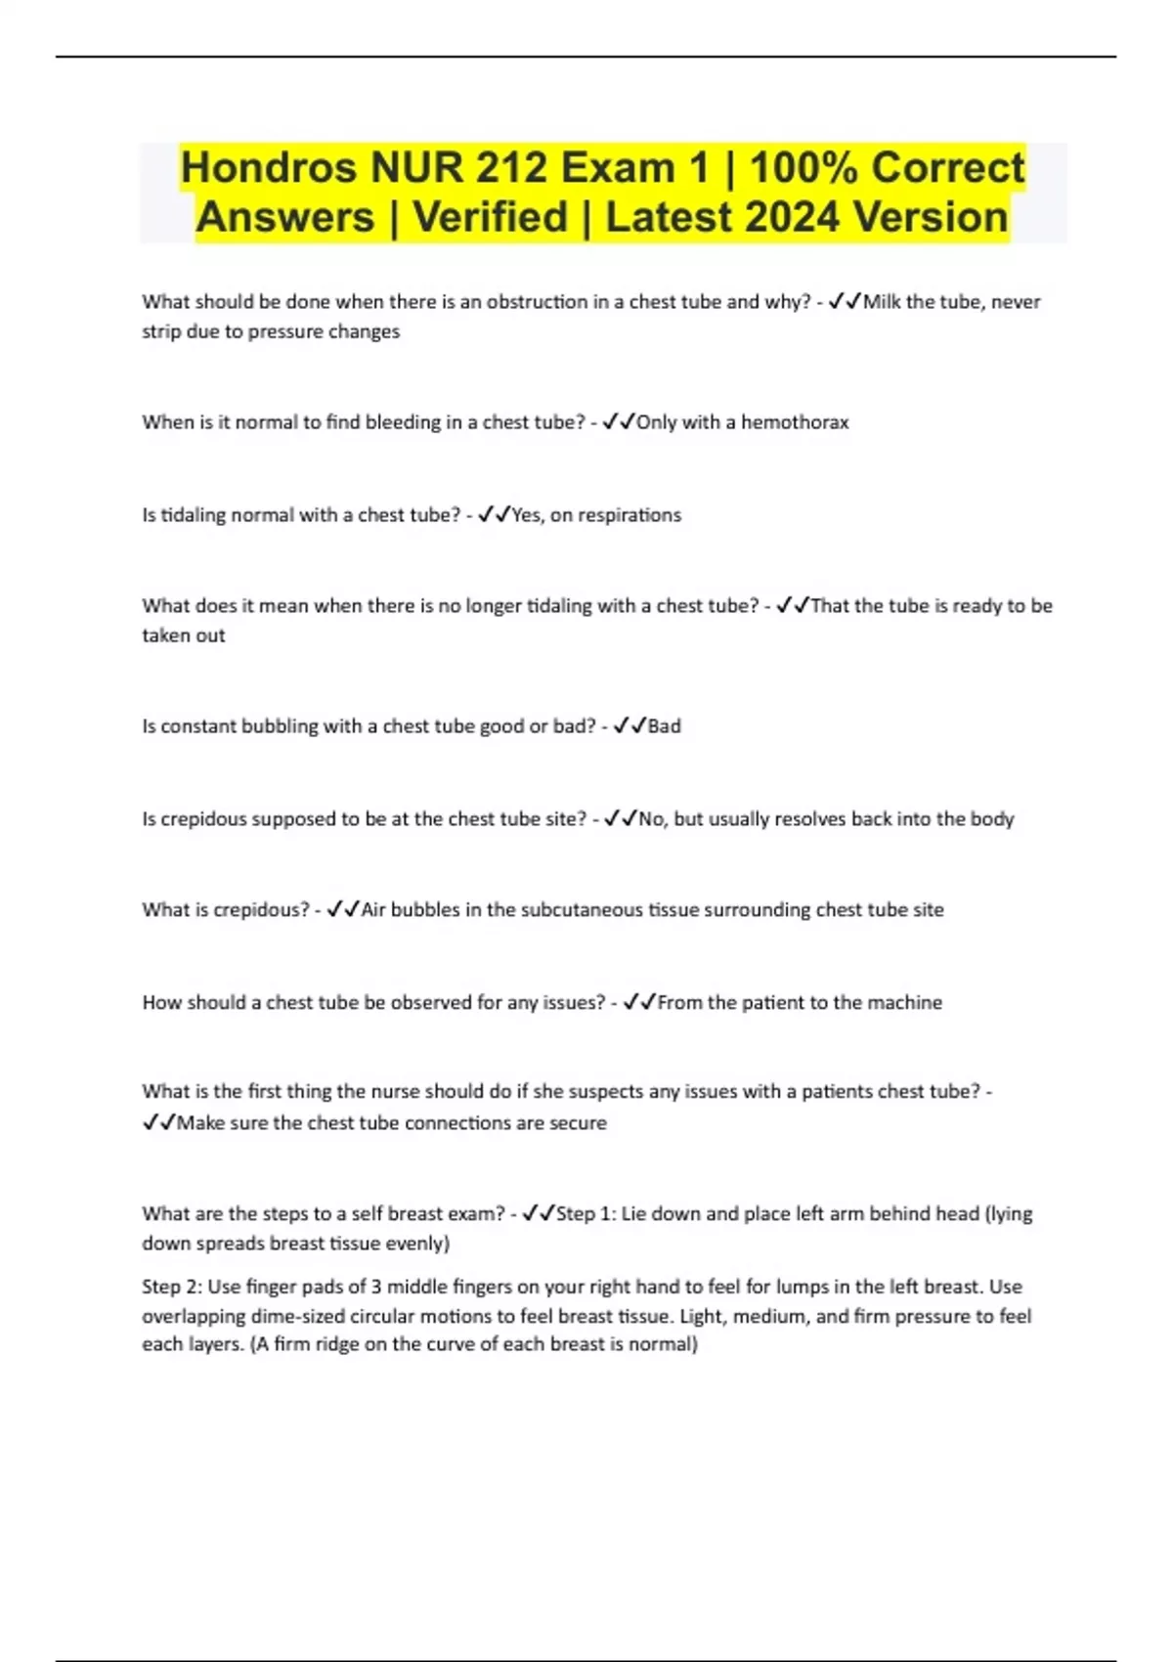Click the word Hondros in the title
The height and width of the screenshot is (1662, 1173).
click(x=269, y=168)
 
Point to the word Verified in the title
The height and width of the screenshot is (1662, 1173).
click(x=490, y=217)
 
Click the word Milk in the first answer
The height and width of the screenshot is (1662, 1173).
click(x=882, y=302)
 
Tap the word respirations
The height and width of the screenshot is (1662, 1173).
click(x=630, y=515)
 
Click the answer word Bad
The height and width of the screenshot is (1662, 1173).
click(x=665, y=726)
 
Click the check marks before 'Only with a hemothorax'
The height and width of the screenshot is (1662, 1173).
click(x=619, y=422)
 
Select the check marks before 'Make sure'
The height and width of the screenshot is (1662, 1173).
click(x=158, y=1123)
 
